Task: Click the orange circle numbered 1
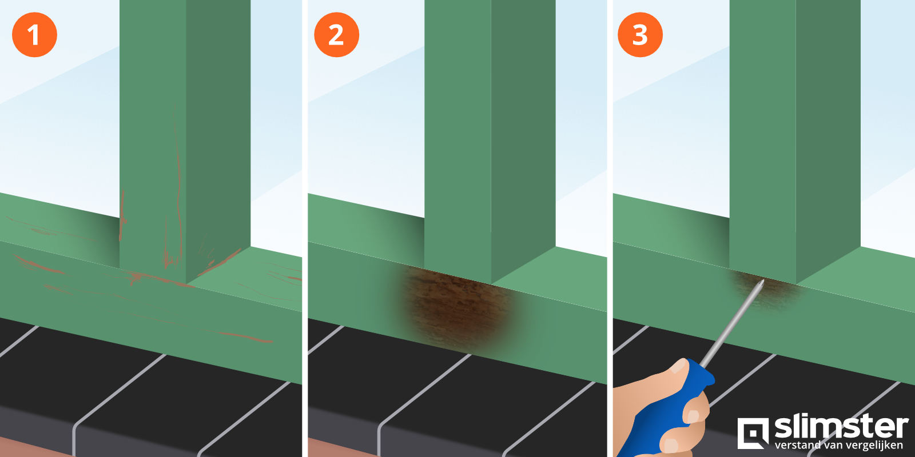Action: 34,35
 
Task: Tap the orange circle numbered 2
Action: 336,35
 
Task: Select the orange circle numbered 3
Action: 640,35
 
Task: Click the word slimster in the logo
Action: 841,427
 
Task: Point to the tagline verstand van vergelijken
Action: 838,445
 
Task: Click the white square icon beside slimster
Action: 753,433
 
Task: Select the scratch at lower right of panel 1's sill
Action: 246,338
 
